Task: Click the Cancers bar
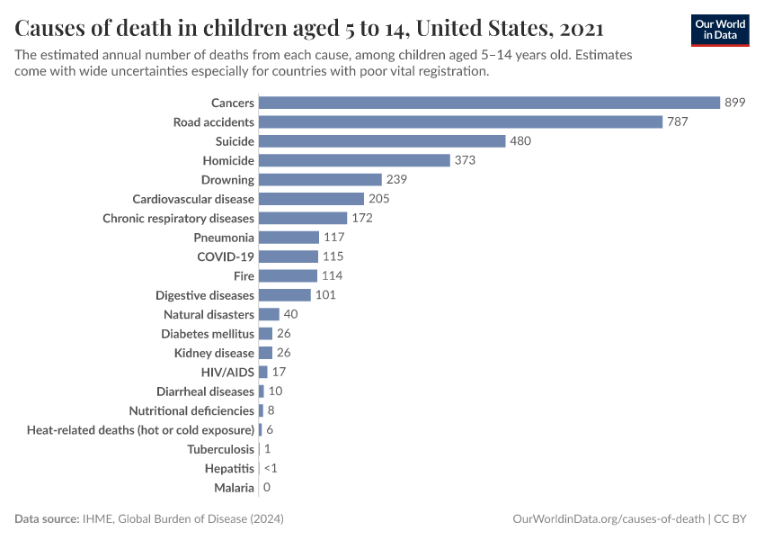tap(489, 103)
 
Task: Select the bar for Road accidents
tap(460, 121)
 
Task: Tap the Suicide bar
tap(382, 141)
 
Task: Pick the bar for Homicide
tap(354, 160)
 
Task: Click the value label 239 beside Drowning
tap(397, 180)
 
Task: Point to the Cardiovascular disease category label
tap(193, 199)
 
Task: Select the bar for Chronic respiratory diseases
tap(303, 218)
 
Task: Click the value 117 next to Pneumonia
tap(334, 238)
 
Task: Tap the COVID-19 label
tap(226, 256)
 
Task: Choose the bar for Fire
tap(288, 275)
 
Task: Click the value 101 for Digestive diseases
tap(325, 295)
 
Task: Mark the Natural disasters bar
tap(269, 314)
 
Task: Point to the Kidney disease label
tap(214, 353)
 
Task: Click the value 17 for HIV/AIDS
tap(279, 372)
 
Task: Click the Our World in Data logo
tap(720, 30)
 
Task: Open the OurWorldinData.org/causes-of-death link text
tap(608, 519)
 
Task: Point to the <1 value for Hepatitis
tap(271, 468)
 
